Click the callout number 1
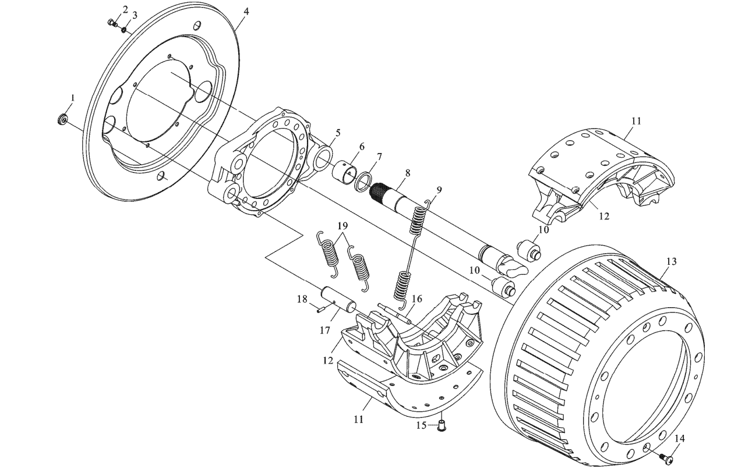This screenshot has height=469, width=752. tap(72, 98)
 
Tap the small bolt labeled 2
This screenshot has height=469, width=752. tap(112, 23)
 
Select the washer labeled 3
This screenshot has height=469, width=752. tap(124, 30)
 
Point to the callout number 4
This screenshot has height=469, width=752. tap(246, 12)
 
